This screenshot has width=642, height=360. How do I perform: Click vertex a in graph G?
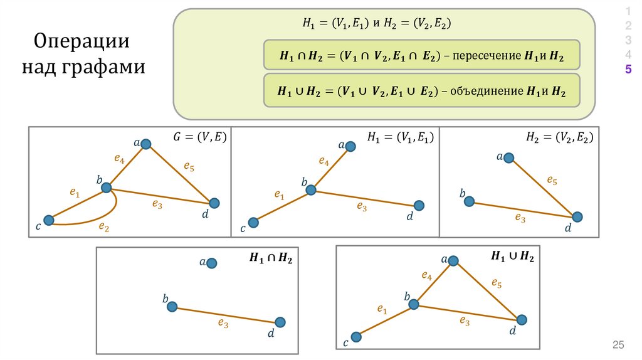(x=146, y=144)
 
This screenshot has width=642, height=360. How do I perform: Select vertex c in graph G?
(x=50, y=220)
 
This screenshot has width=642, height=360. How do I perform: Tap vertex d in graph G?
(x=214, y=203)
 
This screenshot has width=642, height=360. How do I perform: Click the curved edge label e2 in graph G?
(x=104, y=227)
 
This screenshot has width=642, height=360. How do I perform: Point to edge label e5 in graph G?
(x=188, y=166)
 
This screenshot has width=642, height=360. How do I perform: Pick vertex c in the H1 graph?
(x=253, y=222)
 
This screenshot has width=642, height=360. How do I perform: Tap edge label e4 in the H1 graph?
(x=324, y=162)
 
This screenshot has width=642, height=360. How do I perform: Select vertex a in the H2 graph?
(x=509, y=158)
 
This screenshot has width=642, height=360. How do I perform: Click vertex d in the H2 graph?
(x=577, y=217)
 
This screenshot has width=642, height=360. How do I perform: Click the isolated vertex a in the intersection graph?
(x=212, y=263)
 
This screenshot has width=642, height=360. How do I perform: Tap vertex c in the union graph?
(x=356, y=337)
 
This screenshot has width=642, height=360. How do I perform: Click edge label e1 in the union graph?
(x=381, y=309)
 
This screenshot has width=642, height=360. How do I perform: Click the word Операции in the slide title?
(x=82, y=43)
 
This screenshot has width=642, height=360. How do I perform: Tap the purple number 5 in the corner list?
(x=628, y=69)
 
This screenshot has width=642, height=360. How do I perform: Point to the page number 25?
(x=619, y=345)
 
